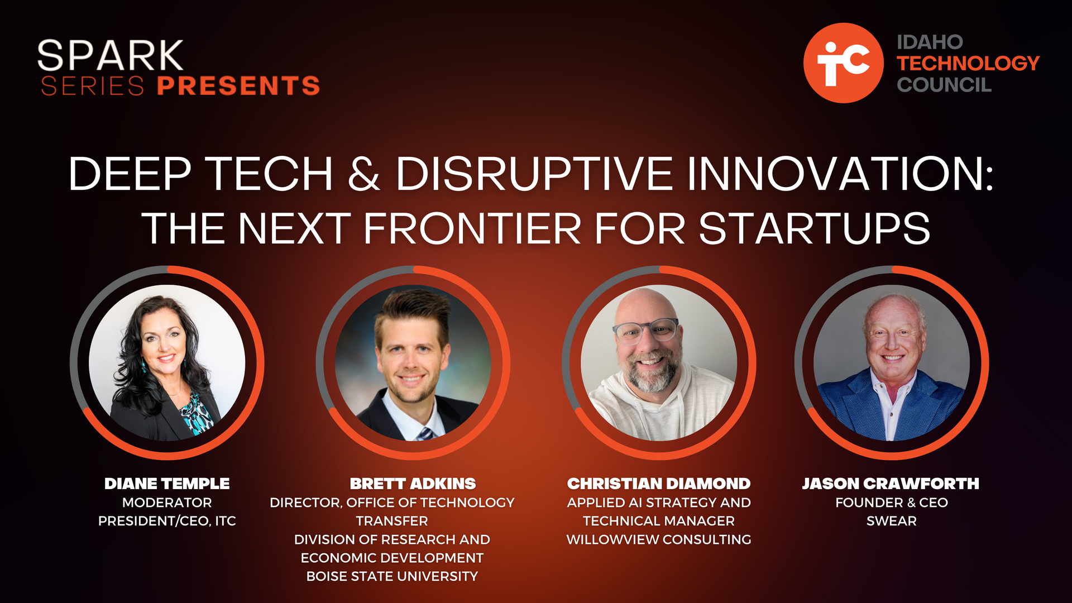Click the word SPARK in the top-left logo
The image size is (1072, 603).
[x=110, y=55]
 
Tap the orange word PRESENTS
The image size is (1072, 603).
[x=238, y=86]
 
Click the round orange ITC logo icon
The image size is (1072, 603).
[x=843, y=63]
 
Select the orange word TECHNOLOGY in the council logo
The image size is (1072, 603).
[x=968, y=63]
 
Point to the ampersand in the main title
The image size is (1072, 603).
[x=363, y=174]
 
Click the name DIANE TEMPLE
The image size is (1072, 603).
[x=167, y=484]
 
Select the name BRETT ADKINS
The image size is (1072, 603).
[x=413, y=484]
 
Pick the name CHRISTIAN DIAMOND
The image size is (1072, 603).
[x=659, y=484]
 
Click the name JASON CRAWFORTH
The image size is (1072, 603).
[x=891, y=484]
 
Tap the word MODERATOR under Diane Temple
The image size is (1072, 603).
[x=167, y=502]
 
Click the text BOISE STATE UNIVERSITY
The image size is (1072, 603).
[x=392, y=576]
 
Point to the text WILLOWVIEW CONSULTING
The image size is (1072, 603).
[x=659, y=539]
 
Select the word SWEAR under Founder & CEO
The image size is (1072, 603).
[x=892, y=521]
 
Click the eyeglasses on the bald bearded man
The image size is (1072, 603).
[x=645, y=331]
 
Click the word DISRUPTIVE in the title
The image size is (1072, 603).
[x=534, y=174]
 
